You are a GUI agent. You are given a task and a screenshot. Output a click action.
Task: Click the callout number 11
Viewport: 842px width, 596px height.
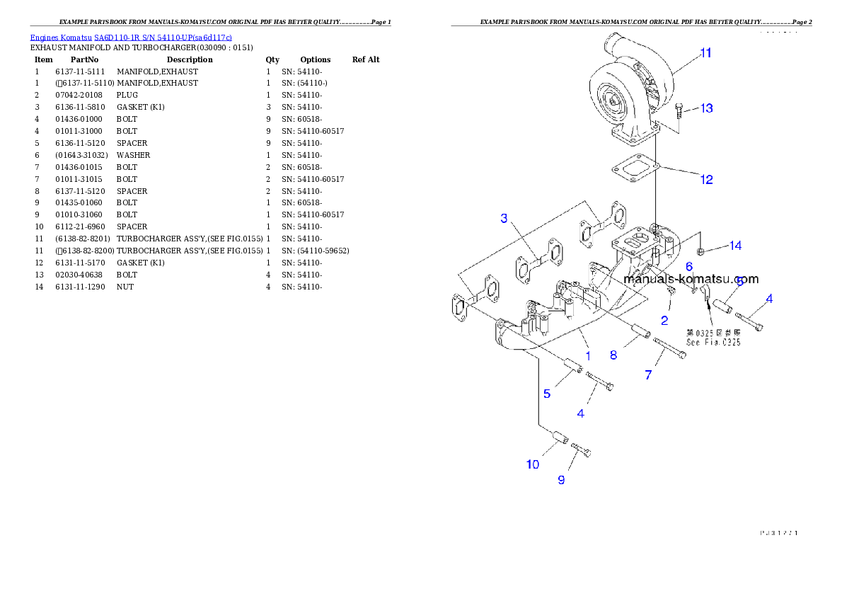705,53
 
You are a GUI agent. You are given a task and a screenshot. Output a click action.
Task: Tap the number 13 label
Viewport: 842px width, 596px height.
706,108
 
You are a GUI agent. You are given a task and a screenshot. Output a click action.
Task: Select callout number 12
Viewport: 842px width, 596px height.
706,180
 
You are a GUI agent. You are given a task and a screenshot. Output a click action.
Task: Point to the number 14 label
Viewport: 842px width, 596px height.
735,246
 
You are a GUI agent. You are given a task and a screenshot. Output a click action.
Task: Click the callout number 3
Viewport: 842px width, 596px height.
504,218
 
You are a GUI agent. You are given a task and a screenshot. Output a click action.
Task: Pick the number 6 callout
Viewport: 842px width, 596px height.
688,267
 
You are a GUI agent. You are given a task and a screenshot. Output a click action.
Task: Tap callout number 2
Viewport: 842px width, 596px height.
664,321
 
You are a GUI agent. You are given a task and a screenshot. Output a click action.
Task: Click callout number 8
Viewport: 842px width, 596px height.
613,355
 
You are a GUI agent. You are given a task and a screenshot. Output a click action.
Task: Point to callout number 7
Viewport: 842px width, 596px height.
648,375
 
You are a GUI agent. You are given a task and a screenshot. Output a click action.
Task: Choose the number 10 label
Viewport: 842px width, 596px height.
532,464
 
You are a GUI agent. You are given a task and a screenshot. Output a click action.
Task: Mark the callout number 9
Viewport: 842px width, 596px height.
561,480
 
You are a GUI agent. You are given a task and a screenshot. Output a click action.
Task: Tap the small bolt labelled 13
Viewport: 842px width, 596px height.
680,110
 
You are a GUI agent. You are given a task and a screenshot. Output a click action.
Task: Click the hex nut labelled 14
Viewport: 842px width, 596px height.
700,251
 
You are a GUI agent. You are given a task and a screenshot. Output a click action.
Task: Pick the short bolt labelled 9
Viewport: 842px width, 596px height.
580,449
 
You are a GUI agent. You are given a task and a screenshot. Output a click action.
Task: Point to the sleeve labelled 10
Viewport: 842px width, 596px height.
558,439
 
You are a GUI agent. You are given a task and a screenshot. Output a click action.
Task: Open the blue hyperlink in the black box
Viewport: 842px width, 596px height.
131,37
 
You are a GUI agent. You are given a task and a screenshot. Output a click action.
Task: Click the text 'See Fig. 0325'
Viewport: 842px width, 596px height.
713,342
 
